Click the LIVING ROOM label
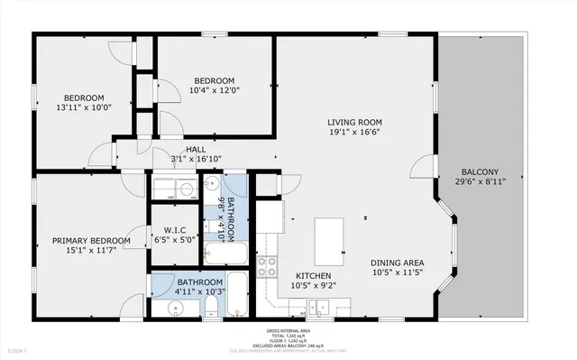[357, 122]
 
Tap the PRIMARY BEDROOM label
[90, 241]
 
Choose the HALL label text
[196, 150]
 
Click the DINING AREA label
[398, 263]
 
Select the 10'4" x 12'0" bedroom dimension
[213, 90]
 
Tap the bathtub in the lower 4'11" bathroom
[237, 295]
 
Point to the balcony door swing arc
[420, 165]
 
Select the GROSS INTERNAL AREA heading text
[288, 332]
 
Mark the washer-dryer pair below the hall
[174, 189]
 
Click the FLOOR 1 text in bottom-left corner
[18, 349]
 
